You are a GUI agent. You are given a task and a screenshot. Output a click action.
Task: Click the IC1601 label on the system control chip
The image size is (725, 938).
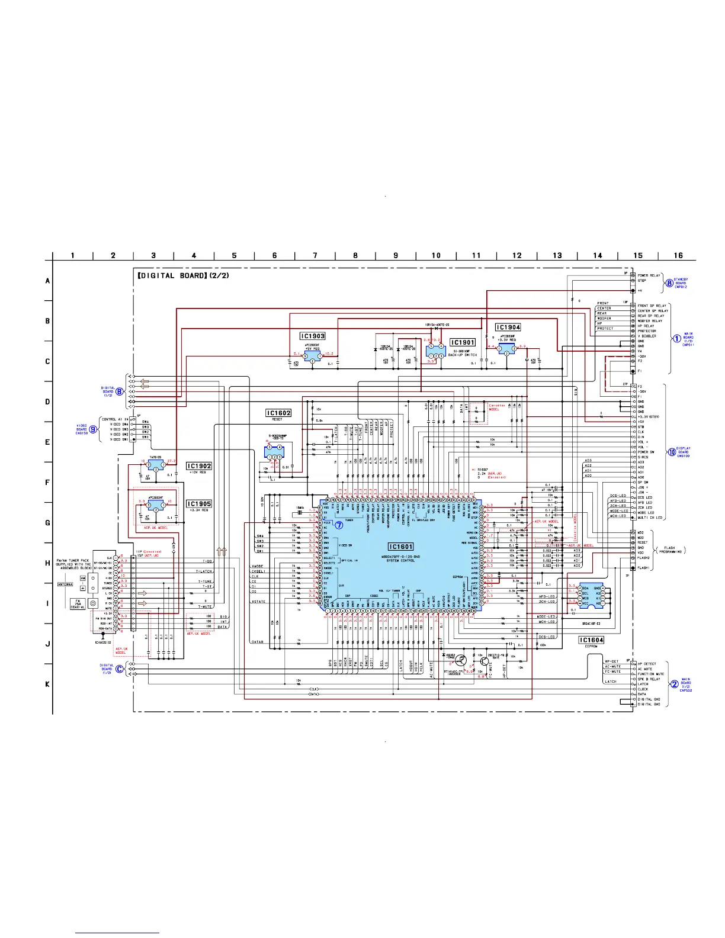400,547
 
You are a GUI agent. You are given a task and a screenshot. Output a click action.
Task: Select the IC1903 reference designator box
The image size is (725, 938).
313,336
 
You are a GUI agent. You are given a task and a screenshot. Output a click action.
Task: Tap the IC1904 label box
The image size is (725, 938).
508,327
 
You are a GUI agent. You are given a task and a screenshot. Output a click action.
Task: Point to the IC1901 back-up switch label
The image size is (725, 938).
463,342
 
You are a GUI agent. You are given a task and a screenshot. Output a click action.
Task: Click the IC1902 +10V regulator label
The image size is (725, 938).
199,466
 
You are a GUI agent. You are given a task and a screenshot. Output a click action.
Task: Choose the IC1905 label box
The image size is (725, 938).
199,504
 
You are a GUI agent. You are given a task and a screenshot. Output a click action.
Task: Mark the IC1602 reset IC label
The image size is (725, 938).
278,413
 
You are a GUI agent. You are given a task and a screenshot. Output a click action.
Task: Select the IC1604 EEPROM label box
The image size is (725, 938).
591,640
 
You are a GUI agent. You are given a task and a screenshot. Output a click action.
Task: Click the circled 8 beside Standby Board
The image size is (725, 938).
669,283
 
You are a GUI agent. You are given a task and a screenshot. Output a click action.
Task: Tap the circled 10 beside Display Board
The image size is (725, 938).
672,452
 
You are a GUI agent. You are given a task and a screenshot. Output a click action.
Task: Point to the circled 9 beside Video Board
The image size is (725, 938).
93,429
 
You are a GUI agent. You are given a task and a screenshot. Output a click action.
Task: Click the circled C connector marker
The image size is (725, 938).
120,669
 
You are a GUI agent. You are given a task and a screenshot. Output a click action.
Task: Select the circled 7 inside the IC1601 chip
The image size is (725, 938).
339,525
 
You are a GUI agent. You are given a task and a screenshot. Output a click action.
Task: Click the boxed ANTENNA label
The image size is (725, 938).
65,584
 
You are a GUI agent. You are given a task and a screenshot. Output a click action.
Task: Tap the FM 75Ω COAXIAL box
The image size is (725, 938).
78,603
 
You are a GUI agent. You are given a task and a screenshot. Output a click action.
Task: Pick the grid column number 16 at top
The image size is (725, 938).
678,255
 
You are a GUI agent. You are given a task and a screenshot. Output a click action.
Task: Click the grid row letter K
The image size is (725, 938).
48,684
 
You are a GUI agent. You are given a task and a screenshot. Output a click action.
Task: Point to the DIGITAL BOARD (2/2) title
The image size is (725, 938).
183,275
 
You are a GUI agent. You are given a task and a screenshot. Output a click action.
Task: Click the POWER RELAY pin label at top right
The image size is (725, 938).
649,275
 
